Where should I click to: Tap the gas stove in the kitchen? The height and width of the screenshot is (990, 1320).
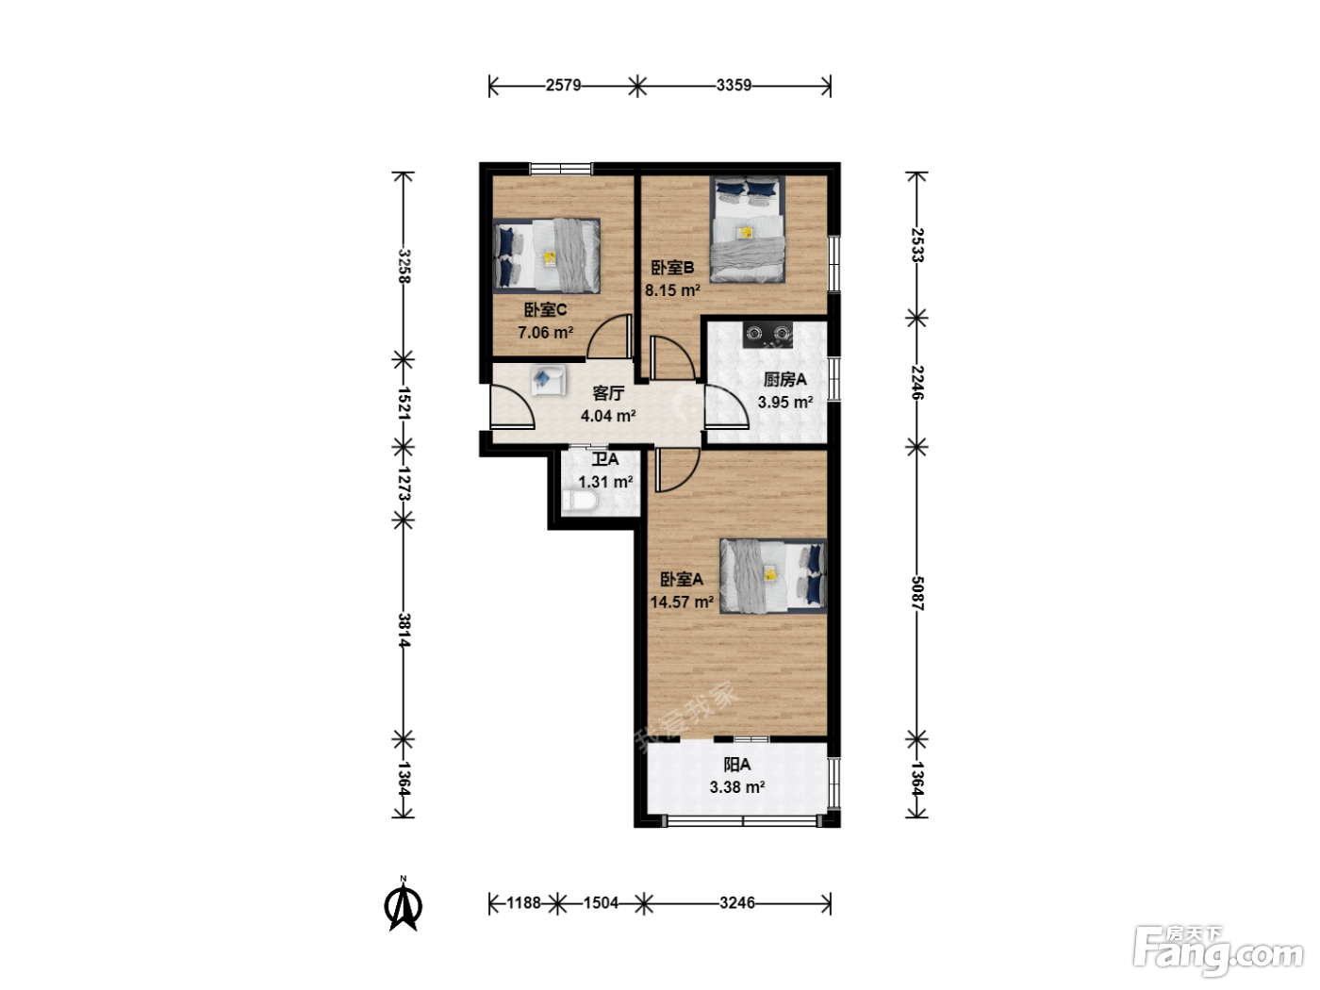(767, 335)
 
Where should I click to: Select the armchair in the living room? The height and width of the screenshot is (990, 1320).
(549, 381)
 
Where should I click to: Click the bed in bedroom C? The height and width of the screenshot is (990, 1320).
(547, 256)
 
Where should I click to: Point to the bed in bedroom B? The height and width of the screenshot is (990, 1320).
(748, 229)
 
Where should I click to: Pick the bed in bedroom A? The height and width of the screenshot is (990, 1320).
(773, 576)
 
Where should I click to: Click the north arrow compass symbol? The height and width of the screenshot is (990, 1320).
(403, 903)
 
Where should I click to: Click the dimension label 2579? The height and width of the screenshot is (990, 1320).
(564, 86)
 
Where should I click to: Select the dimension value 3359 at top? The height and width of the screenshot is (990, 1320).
(734, 86)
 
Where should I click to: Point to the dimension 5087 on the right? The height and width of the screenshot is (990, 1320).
(917, 593)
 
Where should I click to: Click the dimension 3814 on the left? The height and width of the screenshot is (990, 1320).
(404, 630)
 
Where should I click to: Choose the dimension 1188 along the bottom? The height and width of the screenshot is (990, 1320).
(524, 903)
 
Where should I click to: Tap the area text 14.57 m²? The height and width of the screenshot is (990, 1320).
(682, 602)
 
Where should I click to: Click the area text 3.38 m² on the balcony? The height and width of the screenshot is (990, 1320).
(737, 787)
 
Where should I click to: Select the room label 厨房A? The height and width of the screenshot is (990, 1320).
(784, 379)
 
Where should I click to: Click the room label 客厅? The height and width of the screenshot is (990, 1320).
(608, 393)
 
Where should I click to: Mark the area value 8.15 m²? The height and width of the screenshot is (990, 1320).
(672, 290)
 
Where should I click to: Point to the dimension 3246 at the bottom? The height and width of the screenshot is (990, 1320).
(737, 903)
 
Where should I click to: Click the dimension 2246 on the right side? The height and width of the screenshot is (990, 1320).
(917, 382)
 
